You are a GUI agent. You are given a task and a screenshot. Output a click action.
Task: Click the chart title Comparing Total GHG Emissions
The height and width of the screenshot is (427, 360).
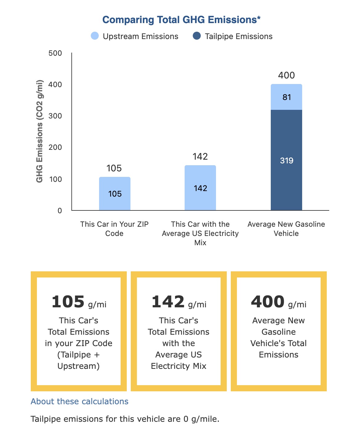181,20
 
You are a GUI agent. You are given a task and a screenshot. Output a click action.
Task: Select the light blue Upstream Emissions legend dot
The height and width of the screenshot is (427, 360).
95,36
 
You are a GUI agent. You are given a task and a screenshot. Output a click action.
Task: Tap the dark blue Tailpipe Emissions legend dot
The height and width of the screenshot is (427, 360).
197,36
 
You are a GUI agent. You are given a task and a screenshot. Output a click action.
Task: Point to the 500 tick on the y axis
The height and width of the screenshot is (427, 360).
55,53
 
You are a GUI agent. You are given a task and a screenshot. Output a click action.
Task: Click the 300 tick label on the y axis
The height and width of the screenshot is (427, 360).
55,116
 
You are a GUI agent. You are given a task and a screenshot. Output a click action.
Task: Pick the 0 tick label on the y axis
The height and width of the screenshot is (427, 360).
60,211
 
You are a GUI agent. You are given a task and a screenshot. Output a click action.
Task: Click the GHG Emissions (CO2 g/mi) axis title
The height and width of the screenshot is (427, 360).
39,131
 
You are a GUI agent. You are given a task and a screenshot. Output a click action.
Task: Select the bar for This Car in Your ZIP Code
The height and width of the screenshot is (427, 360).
114,194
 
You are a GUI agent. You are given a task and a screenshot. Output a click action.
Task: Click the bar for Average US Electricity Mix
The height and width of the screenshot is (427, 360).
200,188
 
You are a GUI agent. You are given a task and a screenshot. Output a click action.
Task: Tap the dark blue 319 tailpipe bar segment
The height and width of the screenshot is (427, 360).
286,160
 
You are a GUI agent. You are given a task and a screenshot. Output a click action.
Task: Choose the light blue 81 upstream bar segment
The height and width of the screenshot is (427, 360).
286,97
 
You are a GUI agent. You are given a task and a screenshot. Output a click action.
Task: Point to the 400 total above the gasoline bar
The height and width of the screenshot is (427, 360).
286,75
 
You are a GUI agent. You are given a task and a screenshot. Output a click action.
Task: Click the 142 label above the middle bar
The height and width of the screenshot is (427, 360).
200,157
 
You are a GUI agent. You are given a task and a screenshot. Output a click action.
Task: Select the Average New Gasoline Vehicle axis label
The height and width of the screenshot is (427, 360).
286,229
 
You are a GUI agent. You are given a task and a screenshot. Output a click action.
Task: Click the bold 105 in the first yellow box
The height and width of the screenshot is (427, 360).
68,302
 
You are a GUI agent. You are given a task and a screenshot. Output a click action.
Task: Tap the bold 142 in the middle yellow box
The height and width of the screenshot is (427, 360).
168,302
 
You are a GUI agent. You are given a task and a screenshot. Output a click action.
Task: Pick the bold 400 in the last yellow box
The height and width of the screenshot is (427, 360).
268,302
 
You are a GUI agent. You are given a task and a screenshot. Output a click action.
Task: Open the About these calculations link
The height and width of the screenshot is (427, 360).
79,401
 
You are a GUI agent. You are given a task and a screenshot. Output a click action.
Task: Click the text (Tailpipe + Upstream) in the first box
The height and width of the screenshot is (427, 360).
78,360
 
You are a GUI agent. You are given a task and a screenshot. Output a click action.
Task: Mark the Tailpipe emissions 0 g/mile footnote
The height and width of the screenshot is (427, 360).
125,419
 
